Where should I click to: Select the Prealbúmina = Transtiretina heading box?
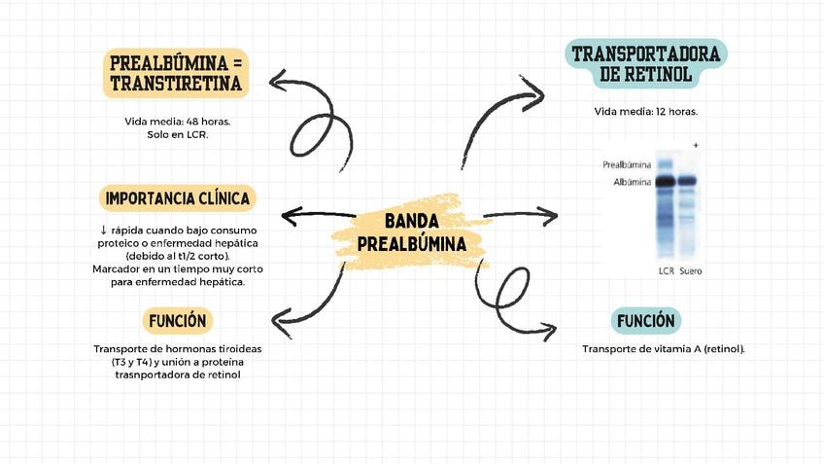176,73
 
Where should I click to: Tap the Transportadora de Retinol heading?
646,63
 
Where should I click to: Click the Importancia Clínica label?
177,198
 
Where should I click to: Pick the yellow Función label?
178,320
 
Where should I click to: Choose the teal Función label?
646,320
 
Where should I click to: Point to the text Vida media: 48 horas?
177,122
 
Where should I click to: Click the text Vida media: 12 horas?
646,112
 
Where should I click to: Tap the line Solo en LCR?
177,134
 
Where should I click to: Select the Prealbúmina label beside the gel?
627,165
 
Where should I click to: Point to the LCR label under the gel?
666,269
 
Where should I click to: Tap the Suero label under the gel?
691,269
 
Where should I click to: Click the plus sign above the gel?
696,145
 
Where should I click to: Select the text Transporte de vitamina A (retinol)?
664,348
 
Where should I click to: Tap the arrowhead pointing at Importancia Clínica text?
287,216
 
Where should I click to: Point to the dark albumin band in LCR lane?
666,182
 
